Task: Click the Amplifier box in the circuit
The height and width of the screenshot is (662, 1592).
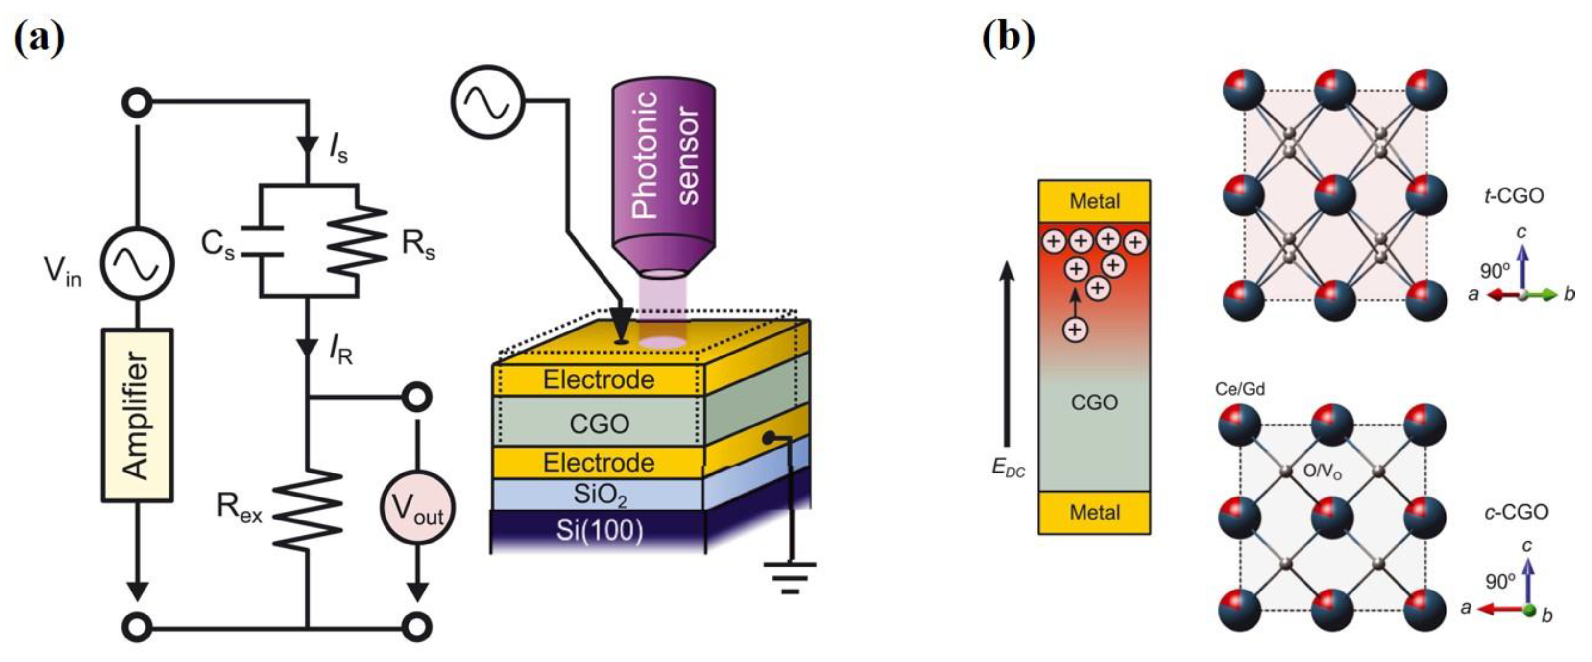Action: (137, 415)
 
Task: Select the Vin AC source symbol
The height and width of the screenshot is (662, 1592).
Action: (137, 263)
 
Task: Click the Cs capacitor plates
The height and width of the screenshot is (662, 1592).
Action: (262, 241)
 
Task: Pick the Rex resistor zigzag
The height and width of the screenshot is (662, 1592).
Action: (307, 509)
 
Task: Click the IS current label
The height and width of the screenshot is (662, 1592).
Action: (338, 149)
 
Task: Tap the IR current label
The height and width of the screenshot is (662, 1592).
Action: (340, 352)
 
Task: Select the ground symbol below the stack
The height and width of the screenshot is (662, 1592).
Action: (789, 577)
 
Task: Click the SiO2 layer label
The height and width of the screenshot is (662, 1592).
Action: (600, 495)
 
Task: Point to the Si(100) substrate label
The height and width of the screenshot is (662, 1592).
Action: (600, 530)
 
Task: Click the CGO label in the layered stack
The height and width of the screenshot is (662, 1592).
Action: (599, 424)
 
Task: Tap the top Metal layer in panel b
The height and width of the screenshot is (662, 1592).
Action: (1094, 201)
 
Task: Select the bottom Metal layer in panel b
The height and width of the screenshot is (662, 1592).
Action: (1094, 512)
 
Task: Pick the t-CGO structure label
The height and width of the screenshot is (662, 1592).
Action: (1513, 196)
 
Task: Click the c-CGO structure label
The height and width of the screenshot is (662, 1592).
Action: (1516, 512)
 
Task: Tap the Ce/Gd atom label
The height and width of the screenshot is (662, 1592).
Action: (1239, 389)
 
